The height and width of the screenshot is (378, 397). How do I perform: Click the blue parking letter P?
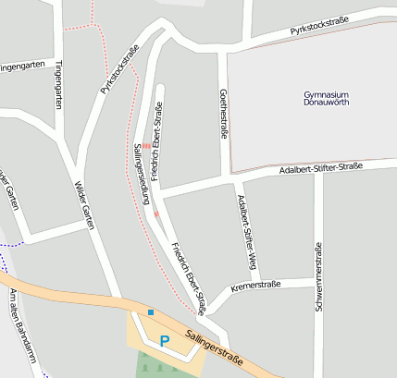click(165, 341)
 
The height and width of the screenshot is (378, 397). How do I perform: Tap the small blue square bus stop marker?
click(151, 312)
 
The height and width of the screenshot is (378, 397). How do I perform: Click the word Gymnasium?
click(325, 95)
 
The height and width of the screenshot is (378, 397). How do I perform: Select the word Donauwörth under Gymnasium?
click(325, 106)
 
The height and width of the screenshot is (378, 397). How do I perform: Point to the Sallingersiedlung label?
click(141, 178)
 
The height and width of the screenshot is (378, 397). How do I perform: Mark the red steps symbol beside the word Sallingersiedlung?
click(146, 145)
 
